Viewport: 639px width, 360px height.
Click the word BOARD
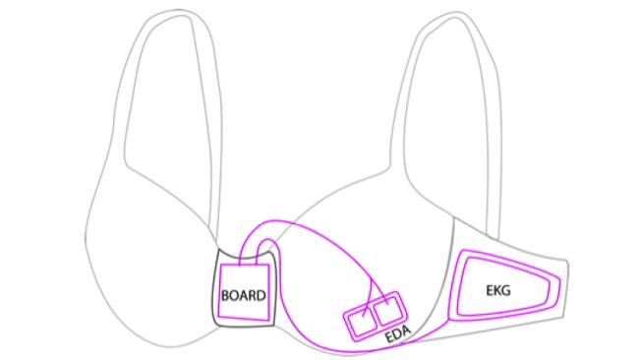pos(243,295)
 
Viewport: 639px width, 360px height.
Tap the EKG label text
pos(498,290)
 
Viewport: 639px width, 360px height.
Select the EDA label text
pos(398,334)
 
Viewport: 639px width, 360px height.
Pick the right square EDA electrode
pos(388,311)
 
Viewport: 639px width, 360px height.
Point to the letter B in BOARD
pos(225,295)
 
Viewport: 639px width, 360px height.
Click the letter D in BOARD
pos(261,295)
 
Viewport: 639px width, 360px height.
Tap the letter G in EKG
pos(505,290)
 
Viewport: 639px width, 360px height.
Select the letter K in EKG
pos(496,290)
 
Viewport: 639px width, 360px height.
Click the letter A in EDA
pos(407,330)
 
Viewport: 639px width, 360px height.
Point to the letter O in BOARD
pos(234,295)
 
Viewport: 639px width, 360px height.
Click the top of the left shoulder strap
pos(176,12)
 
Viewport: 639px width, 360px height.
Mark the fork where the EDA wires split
pos(372,281)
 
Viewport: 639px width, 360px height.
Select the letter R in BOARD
pos(253,295)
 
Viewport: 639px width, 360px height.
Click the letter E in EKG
pos(490,290)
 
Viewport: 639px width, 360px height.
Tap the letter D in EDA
pos(397,334)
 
